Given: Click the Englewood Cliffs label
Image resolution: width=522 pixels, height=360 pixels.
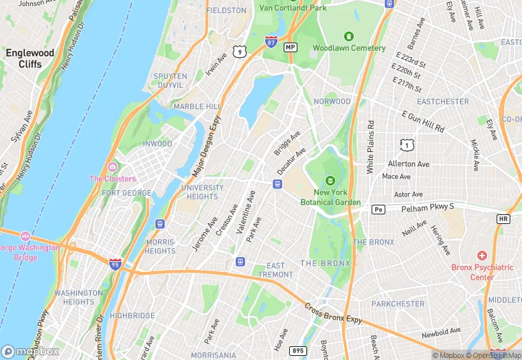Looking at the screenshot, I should pos(30,58).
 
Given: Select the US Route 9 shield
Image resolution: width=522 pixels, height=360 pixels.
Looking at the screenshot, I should pos(239,52).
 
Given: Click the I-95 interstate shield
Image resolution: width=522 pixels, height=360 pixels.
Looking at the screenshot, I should pos(115,263).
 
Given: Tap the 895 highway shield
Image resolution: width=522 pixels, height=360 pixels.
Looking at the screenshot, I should pos(298,351).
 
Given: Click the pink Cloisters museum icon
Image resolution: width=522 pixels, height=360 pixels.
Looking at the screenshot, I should pos(112,167).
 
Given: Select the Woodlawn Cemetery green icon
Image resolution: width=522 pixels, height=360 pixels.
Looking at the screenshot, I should pos(349,36).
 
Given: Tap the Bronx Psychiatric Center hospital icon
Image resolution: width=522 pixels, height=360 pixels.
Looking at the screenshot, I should pos(481,255).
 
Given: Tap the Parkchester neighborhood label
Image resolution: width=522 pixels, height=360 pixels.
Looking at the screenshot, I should pos(398,303).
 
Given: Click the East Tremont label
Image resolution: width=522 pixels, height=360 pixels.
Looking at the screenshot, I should pos(275,270).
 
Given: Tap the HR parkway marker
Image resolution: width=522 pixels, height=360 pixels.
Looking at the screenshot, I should pos(503,218).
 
